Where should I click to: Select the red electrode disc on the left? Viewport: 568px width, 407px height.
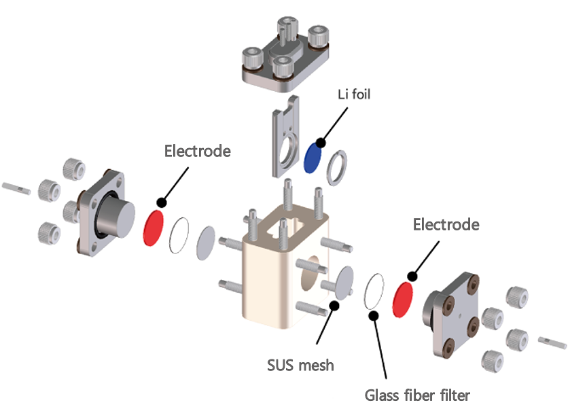(154, 226)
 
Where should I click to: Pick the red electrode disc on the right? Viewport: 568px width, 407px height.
(406, 296)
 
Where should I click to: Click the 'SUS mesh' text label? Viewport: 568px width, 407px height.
(300, 366)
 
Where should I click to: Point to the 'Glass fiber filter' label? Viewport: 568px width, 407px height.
(417, 395)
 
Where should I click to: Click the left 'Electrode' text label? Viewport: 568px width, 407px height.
(197, 151)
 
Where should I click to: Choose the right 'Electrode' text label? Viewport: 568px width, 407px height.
(446, 224)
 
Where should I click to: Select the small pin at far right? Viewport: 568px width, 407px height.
(551, 341)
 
